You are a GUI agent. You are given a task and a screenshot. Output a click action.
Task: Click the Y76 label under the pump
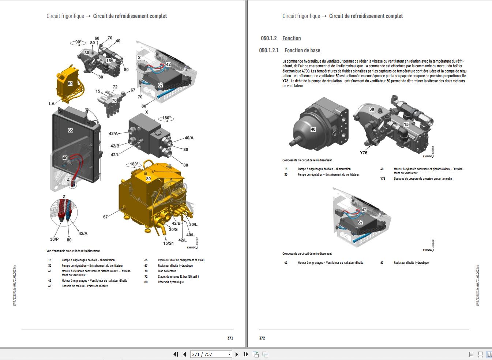click(x=363, y=153)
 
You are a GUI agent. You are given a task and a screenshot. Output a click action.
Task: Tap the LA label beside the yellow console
click(x=52, y=104)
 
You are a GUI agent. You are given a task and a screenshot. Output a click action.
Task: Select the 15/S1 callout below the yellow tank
click(x=168, y=243)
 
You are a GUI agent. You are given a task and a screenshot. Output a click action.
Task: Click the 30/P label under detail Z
click(x=54, y=239)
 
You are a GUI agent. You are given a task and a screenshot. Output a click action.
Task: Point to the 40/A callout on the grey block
click(x=189, y=138)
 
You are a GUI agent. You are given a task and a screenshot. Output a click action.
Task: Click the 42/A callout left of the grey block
click(x=113, y=134)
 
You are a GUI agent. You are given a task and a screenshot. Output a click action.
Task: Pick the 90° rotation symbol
click(x=78, y=42)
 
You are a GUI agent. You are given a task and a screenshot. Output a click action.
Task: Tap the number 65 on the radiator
click(x=71, y=130)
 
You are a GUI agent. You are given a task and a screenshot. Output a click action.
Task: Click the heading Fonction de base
click(x=302, y=50)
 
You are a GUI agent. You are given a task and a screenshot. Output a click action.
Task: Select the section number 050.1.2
click(x=268, y=38)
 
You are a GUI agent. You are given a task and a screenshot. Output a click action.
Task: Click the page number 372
click(x=262, y=338)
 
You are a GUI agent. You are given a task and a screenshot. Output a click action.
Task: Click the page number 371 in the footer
click(x=230, y=338)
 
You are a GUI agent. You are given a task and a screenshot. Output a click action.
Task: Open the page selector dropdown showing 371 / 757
click(x=229, y=354)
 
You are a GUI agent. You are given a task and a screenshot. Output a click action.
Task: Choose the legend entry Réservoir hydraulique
click(x=171, y=282)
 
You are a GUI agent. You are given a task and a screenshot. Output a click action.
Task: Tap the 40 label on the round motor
click(x=313, y=129)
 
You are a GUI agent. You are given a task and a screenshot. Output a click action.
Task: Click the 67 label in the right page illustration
click(x=361, y=222)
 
